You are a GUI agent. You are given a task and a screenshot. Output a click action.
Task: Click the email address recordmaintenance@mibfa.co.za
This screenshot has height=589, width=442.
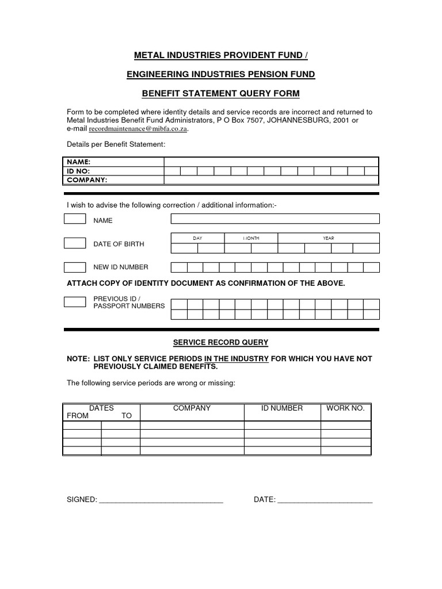pos(138,129)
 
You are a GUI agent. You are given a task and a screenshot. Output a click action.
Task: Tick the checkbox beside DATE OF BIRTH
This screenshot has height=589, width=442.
pos(75,243)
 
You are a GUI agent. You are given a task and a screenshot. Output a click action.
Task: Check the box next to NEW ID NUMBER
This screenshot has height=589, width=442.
pos(75,267)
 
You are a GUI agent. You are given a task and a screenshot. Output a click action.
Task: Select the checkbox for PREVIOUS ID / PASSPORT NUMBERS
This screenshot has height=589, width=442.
pos(75,302)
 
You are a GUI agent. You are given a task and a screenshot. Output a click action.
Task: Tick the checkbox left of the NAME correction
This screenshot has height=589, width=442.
pos(75,219)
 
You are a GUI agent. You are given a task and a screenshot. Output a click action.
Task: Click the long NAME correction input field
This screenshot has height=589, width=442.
pos(275,219)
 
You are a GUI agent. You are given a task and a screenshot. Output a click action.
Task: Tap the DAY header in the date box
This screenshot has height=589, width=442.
pos(197,238)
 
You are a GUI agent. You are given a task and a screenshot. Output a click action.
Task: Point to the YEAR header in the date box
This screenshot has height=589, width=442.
pos(328,238)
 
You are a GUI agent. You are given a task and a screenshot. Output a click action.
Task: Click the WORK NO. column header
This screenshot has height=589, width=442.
pos(345,408)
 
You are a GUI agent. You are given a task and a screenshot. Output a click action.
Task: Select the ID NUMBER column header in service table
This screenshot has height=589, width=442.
pos(282,408)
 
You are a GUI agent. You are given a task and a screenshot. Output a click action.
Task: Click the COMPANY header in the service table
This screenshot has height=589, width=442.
pos(192,408)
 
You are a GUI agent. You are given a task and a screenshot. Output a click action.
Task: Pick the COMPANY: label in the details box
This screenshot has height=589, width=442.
pos(87,179)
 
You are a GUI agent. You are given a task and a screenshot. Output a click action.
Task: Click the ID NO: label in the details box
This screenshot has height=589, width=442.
pos(79,171)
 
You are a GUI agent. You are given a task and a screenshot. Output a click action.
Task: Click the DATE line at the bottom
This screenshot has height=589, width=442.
pos(325,500)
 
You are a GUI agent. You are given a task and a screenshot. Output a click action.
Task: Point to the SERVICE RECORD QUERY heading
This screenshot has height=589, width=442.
pos(221,342)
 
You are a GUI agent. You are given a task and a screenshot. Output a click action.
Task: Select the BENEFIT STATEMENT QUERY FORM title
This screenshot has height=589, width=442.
pos(221,93)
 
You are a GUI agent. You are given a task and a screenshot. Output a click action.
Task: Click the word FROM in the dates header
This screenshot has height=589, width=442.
pos(77,415)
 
